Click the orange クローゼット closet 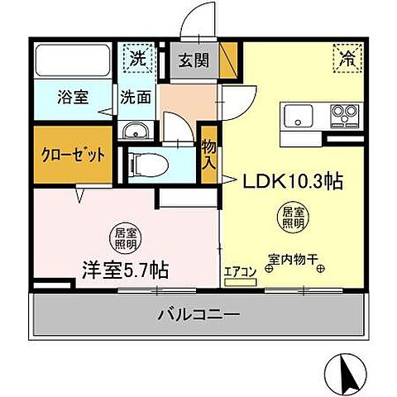coord(74,154)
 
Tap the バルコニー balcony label coord(198,315)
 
